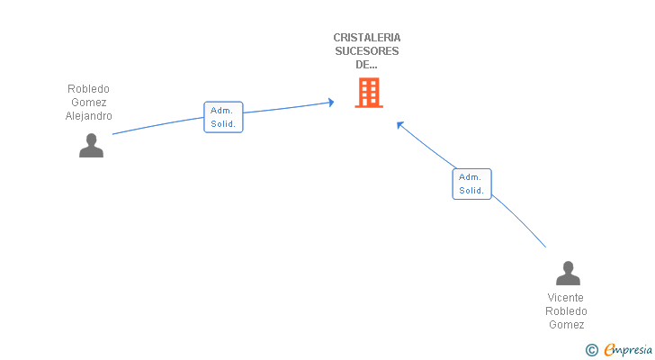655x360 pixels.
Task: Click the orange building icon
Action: pos(369,93)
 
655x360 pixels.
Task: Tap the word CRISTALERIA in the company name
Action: pos(367,38)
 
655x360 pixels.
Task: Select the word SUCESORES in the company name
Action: pos(367,51)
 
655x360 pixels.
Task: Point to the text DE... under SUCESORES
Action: pos(366,65)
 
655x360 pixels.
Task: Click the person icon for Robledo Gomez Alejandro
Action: pos(91,145)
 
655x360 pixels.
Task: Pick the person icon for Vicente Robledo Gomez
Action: pos(568,273)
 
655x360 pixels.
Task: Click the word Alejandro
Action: pos(88,116)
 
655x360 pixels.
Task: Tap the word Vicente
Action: pos(566,298)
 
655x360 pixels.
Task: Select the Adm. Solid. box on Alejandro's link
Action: pos(223,117)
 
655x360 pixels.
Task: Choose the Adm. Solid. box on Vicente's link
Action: pos(471,184)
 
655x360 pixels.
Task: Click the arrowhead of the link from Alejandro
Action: pos(331,103)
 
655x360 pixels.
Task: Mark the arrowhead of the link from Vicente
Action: pos(399,124)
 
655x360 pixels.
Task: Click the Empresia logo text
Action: pos(628,349)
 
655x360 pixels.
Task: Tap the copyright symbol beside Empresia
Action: pos(591,350)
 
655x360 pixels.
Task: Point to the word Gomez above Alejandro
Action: pos(88,103)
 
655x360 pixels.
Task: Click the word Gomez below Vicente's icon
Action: pos(567,325)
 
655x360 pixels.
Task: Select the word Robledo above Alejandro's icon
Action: pos(88,89)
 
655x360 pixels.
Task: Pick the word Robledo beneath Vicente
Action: pos(566,311)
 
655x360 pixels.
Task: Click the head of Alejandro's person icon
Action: pos(91,139)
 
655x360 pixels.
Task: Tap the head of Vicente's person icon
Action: pos(568,266)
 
